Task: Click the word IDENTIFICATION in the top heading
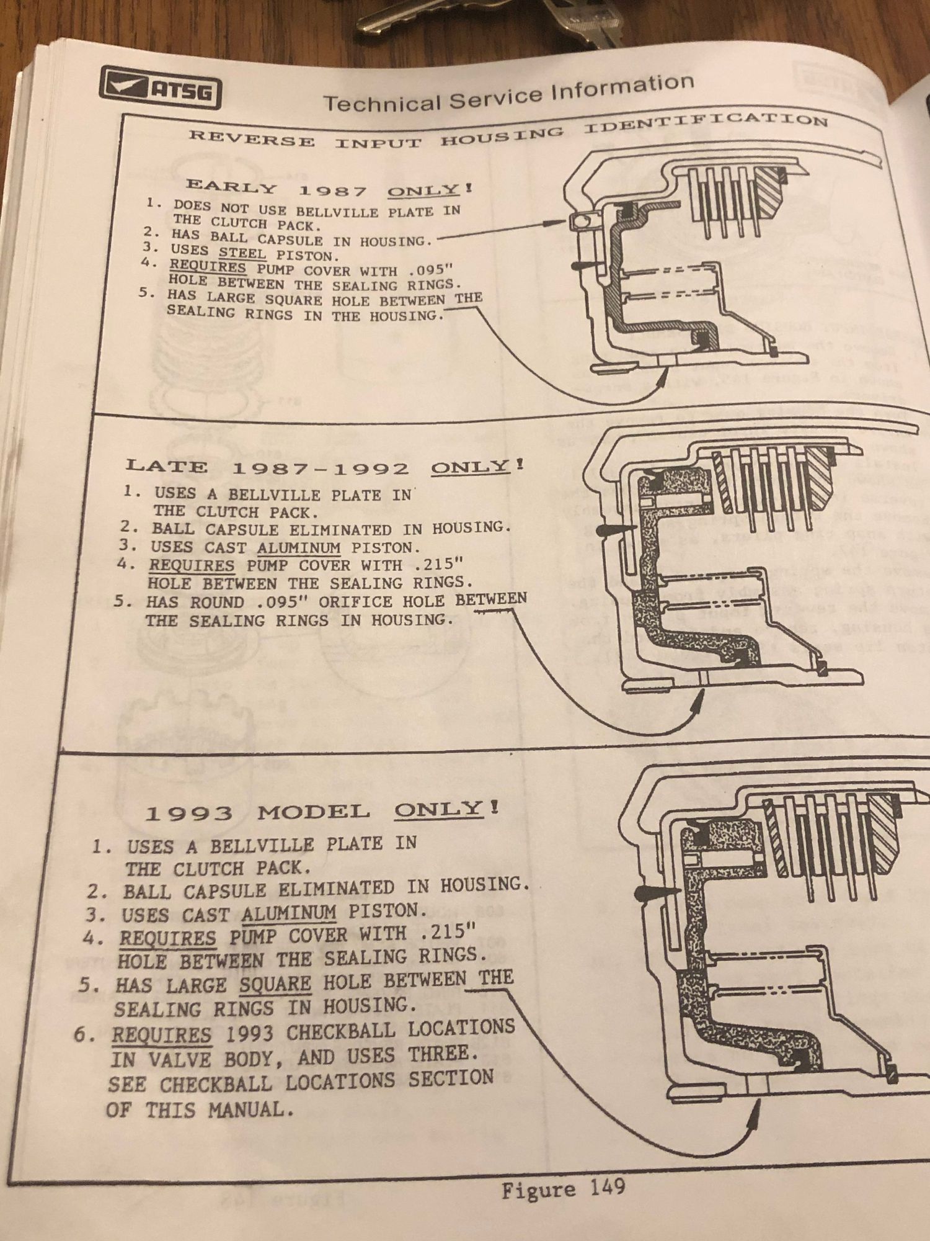706,122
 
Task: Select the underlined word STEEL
242,254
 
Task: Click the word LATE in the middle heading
167,466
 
